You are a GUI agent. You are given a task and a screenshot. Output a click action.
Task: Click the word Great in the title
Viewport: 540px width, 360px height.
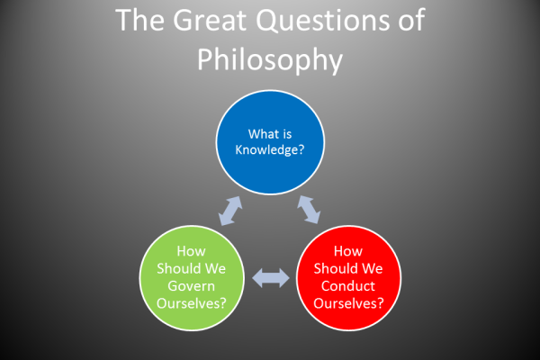tap(210, 20)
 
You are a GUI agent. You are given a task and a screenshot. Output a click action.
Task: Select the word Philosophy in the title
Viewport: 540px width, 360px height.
tap(270, 59)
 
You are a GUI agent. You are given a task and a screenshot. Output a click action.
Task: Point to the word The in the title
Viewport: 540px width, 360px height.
tap(139, 20)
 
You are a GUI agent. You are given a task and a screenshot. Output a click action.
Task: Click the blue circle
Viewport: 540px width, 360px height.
tap(270, 142)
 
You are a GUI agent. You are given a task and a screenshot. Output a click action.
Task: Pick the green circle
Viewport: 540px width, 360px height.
tap(192, 278)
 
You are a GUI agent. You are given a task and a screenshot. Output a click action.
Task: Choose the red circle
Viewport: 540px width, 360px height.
tap(348, 278)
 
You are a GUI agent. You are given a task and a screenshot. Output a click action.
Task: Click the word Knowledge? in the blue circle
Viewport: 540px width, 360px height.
tap(270, 150)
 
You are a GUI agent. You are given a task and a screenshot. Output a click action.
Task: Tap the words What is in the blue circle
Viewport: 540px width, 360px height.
tap(270, 134)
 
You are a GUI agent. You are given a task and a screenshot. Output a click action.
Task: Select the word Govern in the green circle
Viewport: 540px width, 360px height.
tap(192, 286)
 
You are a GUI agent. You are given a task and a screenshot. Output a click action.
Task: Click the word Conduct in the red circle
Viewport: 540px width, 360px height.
tap(348, 286)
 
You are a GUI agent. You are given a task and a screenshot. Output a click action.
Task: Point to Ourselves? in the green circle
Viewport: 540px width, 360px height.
tap(192, 303)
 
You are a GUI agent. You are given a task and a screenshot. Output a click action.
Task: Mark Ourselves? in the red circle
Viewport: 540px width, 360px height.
tap(348, 303)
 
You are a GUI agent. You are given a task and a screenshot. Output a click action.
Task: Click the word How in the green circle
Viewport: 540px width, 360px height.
tap(191, 251)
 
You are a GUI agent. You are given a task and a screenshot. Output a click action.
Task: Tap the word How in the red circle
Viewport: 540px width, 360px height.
tap(348, 251)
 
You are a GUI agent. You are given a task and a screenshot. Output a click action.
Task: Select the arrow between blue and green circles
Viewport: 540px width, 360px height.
tap(230, 211)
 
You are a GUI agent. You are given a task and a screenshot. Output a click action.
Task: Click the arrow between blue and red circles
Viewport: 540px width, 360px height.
tap(309, 210)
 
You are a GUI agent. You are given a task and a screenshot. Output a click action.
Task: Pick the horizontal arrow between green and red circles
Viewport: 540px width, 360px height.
tap(271, 278)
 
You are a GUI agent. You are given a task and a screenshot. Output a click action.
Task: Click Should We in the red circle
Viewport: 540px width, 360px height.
tap(348, 268)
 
